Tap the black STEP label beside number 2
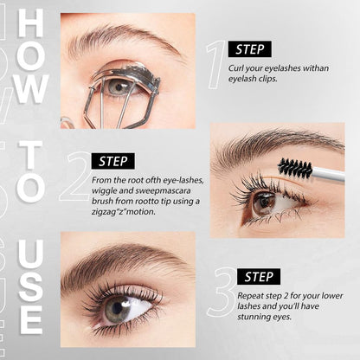click(112, 161)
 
